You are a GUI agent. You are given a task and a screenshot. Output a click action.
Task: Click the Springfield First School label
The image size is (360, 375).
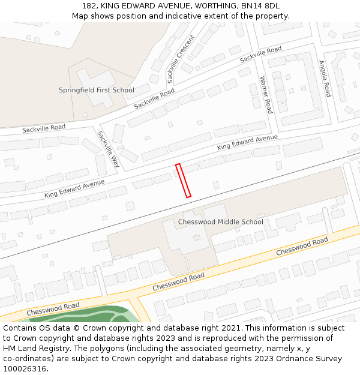pos(96,90)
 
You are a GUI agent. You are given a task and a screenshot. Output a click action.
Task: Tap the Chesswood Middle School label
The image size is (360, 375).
pos(220,222)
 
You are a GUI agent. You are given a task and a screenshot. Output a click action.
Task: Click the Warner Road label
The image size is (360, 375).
pos(265,95)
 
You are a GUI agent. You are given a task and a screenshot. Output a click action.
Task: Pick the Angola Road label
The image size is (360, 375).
pos(325,79)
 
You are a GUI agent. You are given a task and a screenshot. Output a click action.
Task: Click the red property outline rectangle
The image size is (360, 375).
pos(183,180)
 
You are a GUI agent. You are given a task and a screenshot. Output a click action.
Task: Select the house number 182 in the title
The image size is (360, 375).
pos(89,6)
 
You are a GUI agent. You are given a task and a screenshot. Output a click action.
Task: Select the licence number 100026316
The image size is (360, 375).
pos(25,368)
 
